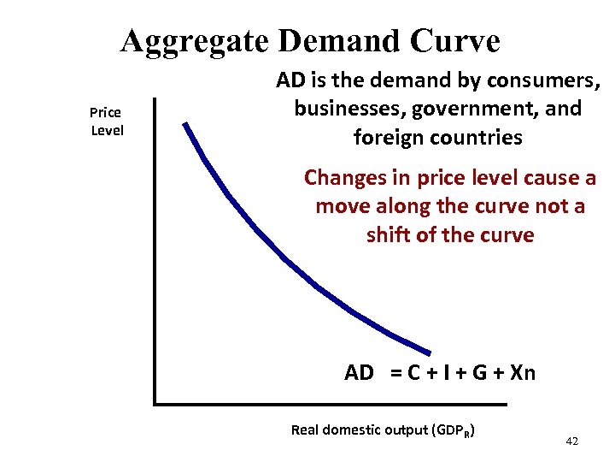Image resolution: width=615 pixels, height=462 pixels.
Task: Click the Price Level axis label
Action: pyautogui.click(x=107, y=121)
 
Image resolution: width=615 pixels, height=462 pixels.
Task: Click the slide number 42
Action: pyautogui.click(x=572, y=441)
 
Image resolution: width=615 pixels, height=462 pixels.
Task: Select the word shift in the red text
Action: pyautogui.click(x=387, y=234)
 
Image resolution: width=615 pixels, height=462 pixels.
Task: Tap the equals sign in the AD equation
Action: pyautogui.click(x=396, y=373)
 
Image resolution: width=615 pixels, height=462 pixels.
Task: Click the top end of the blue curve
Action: pyautogui.click(x=184, y=125)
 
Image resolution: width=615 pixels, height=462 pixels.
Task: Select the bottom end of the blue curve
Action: pyautogui.click(x=429, y=351)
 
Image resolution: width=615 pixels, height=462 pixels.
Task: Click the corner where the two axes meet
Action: pyautogui.click(x=155, y=402)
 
